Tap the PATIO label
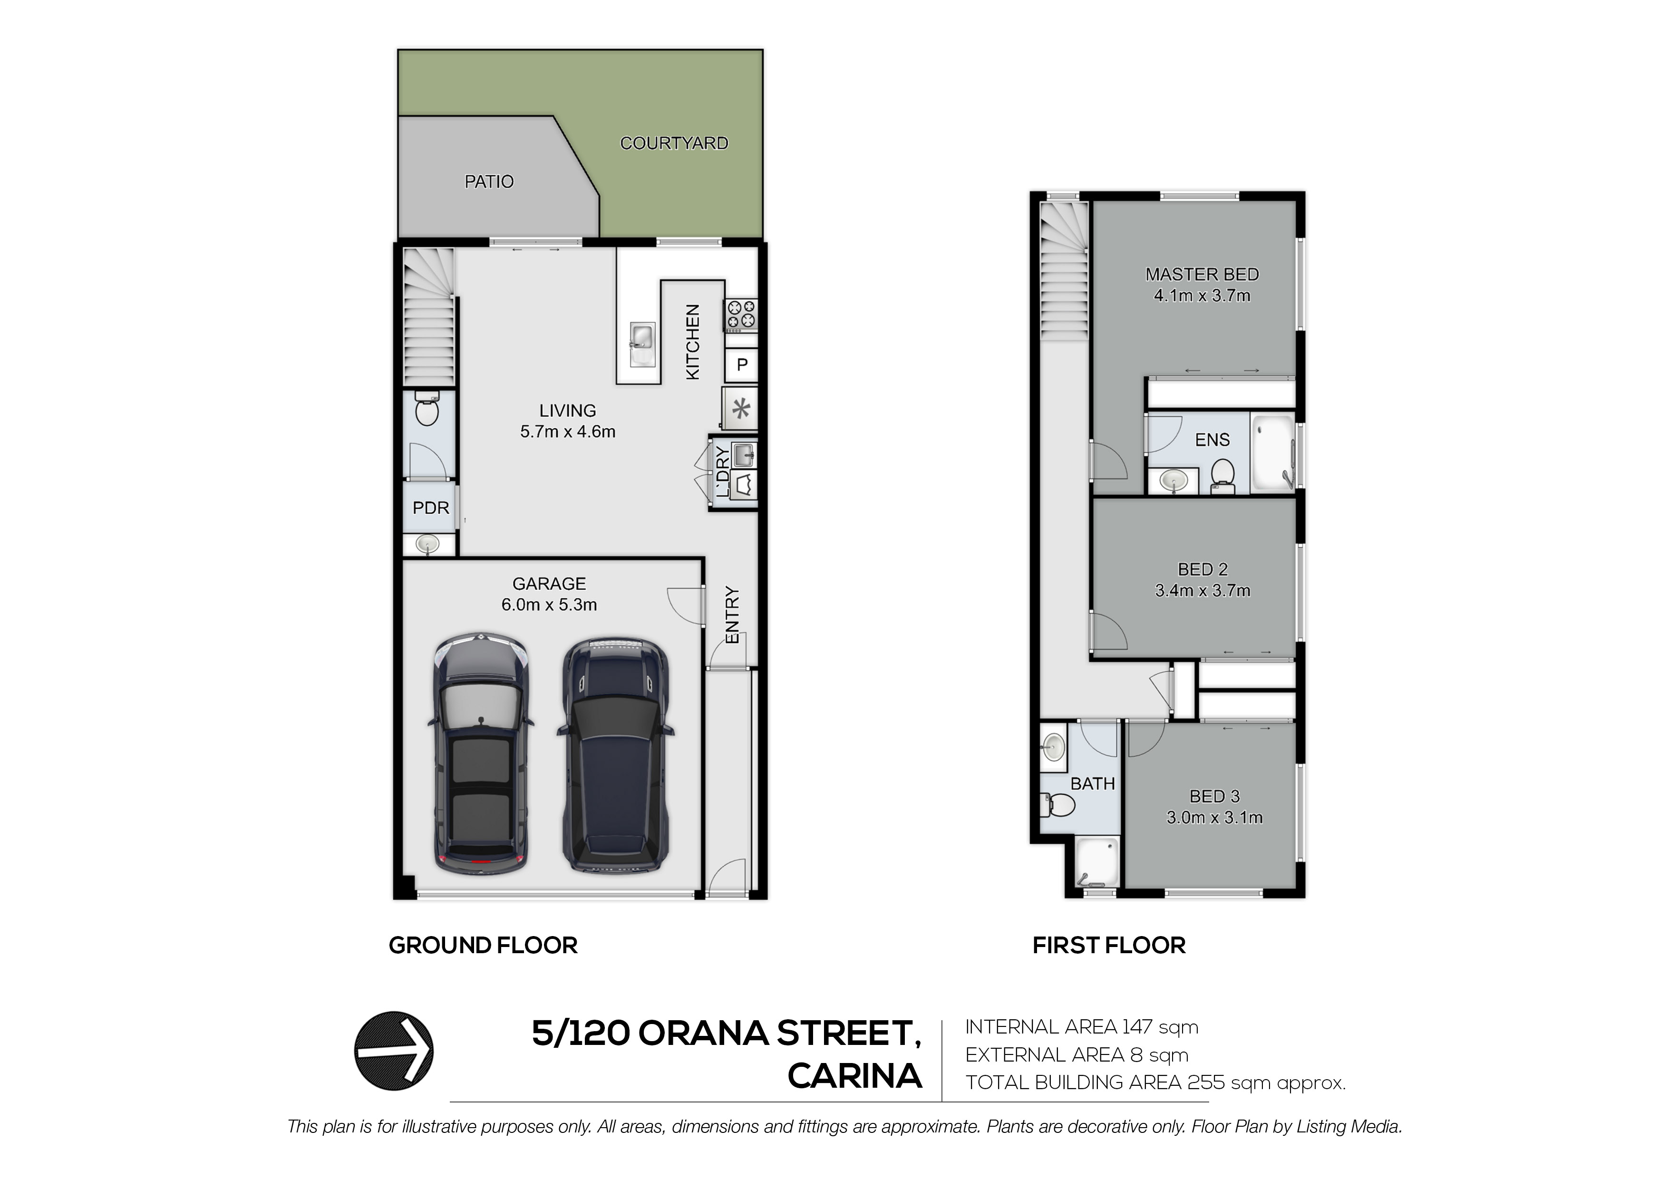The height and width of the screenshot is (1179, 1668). [489, 182]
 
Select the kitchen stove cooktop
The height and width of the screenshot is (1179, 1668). [740, 315]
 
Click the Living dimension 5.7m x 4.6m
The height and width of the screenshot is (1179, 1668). [567, 432]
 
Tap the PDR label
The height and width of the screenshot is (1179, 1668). [431, 508]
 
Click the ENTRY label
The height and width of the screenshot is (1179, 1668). [732, 615]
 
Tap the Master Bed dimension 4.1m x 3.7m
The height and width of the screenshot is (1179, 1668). [1203, 296]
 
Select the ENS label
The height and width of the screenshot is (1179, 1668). [1212, 439]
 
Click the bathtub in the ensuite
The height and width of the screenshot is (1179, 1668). [1272, 453]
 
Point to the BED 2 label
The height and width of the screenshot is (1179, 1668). [1203, 570]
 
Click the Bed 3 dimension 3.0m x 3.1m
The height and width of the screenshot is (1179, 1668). [1215, 817]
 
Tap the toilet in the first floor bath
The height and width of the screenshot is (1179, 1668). [1059, 804]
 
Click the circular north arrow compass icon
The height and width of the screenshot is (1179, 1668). [394, 1051]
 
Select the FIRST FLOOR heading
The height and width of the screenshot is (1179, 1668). [1109, 945]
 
